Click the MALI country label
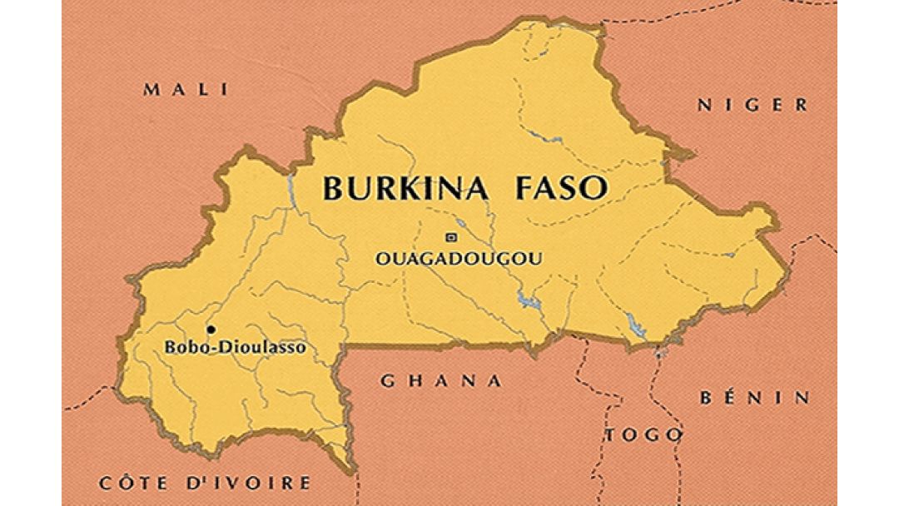[x=185, y=90]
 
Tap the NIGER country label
[x=752, y=105]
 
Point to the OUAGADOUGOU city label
[x=458, y=259]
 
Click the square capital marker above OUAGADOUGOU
[x=451, y=236]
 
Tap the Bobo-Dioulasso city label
[x=234, y=348]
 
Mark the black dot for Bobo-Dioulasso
[x=211, y=330]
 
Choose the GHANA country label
[x=440, y=381]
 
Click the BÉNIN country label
[x=754, y=398]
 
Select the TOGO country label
[x=643, y=435]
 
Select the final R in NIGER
[x=801, y=105]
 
